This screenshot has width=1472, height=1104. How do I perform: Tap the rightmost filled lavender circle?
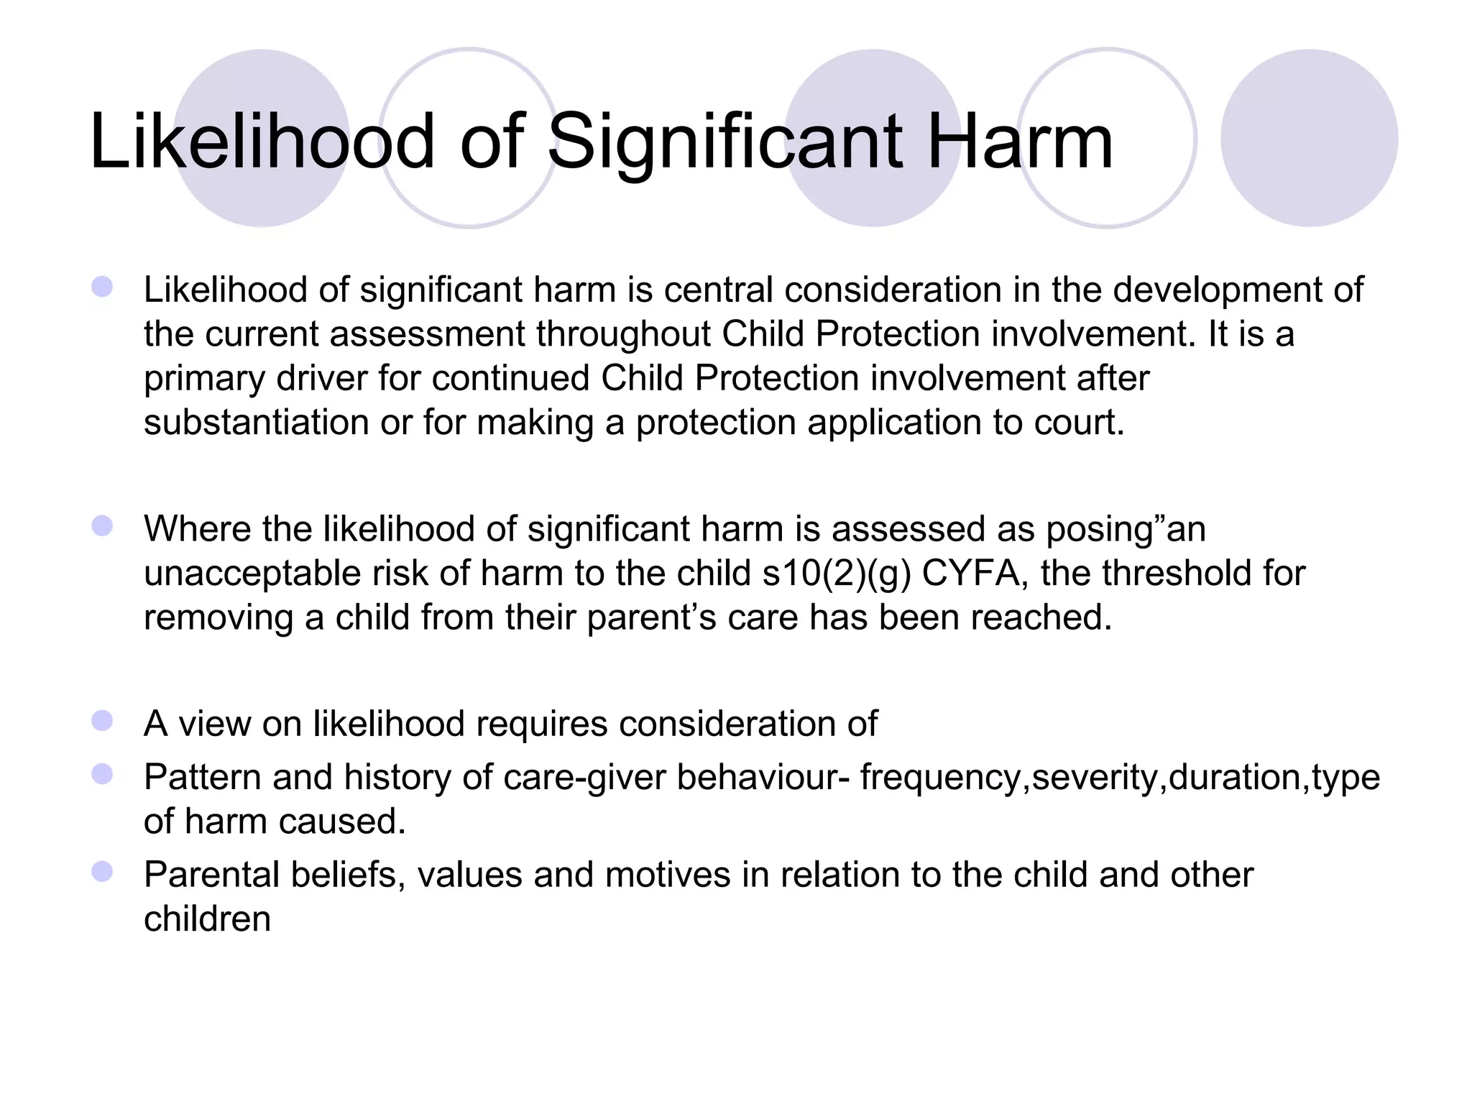point(1309,138)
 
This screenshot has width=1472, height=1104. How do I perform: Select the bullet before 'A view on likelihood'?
point(102,721)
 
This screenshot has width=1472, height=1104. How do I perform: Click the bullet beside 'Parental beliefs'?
point(102,872)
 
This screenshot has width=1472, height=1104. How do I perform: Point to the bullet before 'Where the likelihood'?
point(102,526)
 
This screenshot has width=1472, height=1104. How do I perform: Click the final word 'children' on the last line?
point(207,919)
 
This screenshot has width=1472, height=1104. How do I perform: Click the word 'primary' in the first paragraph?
point(203,379)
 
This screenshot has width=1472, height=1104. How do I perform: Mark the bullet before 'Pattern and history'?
point(102,774)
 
